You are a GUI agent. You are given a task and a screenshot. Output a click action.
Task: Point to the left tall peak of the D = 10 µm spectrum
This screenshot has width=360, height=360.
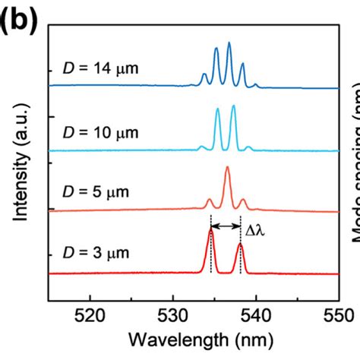point(217,109)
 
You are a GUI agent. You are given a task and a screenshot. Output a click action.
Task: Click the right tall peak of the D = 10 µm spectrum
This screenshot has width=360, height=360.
point(233,106)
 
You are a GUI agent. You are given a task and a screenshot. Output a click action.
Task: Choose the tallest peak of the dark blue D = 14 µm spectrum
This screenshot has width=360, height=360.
point(229,44)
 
